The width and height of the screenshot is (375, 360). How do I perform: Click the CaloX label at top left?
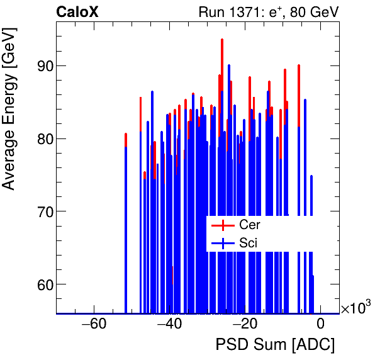[x=77, y=12]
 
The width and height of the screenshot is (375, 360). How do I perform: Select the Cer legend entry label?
[x=249, y=225]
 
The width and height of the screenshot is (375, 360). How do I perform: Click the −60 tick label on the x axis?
[x=94, y=325]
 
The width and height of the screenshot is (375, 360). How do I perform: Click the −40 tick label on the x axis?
[x=169, y=325]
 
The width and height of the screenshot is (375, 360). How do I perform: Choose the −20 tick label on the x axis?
[x=245, y=325]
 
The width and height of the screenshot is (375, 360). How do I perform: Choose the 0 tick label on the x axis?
[x=320, y=325]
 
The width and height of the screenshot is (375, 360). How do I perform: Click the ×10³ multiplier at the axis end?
[x=355, y=308]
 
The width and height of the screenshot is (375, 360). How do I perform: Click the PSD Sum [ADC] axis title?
[x=275, y=345]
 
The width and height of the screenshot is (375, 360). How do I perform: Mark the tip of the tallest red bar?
[x=222, y=40]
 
